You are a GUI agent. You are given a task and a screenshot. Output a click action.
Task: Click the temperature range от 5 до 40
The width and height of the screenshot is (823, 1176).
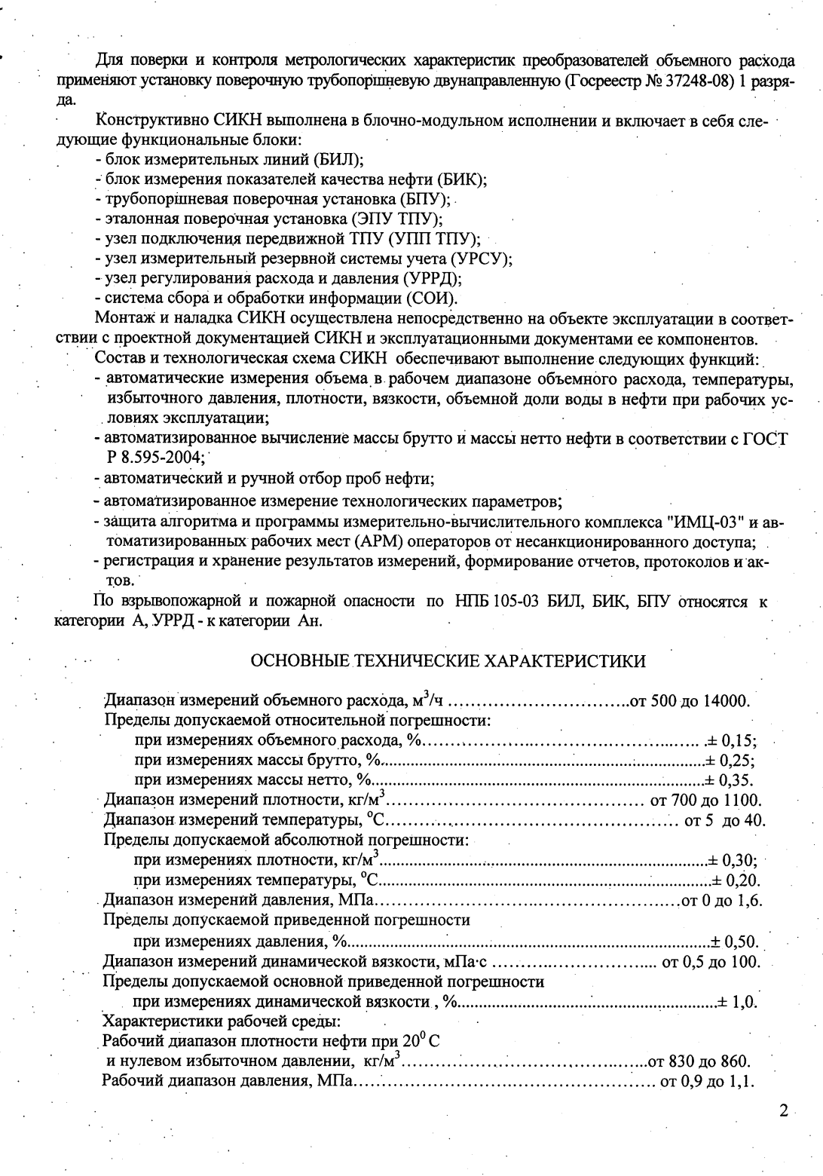click(724, 819)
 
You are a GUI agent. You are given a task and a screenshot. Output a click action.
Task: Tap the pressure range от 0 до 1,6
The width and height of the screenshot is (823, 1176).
click(722, 899)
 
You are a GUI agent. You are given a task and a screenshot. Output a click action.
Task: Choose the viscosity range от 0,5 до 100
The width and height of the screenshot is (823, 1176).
click(711, 962)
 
